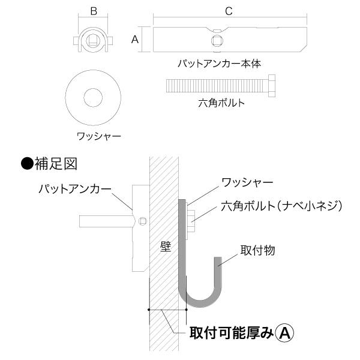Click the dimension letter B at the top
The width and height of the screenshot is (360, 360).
coord(94,11)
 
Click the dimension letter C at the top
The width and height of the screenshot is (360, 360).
coord(229,11)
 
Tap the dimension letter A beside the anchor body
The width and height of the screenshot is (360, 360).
coord(135,40)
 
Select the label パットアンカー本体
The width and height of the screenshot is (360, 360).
coord(220,64)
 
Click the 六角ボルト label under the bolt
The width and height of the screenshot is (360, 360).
coord(221,103)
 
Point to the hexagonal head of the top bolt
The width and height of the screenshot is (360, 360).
coord(272,86)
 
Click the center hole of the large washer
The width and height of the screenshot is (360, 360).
coord(93,98)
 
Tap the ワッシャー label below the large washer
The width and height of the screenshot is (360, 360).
coord(99,136)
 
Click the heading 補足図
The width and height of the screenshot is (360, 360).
coord(56,164)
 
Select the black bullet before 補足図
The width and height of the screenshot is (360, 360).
coord(28,163)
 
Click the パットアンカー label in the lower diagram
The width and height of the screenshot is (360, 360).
coord(75,190)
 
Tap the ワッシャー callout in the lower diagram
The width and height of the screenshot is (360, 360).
coord(247,182)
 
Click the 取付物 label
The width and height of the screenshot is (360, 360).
coord(257,250)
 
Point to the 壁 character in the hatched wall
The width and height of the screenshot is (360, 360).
coord(166,247)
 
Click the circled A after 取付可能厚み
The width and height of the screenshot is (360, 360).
coord(284,333)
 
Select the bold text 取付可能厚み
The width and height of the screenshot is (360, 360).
coord(232,333)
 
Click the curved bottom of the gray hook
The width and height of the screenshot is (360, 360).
coord(200,302)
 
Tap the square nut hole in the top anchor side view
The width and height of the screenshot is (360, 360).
coord(217,41)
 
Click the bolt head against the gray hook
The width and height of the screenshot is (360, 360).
coord(191,221)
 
